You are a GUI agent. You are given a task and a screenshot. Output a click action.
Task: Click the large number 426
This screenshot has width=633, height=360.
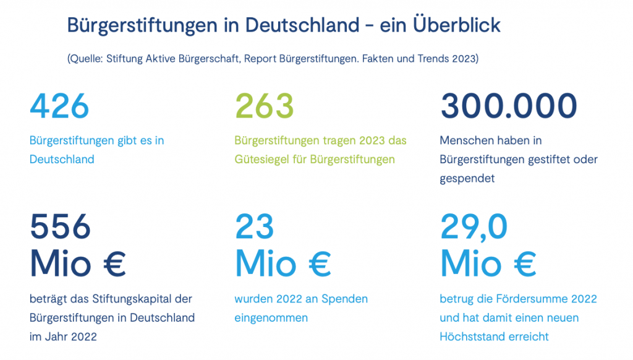click(x=59, y=106)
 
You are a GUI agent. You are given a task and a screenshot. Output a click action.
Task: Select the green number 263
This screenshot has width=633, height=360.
click(x=265, y=106)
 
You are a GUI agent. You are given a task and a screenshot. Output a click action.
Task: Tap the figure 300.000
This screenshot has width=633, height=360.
click(x=508, y=106)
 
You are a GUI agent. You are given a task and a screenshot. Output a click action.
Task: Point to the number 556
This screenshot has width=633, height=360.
click(x=60, y=227)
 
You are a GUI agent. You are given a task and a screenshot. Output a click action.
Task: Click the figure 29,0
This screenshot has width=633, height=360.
click(x=474, y=227)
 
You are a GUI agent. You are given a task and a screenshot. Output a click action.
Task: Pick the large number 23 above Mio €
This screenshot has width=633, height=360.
click(x=254, y=227)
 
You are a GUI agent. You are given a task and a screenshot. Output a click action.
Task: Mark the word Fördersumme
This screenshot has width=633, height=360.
click(x=531, y=299)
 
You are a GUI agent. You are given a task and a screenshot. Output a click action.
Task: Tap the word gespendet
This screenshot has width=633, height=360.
click(x=467, y=178)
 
